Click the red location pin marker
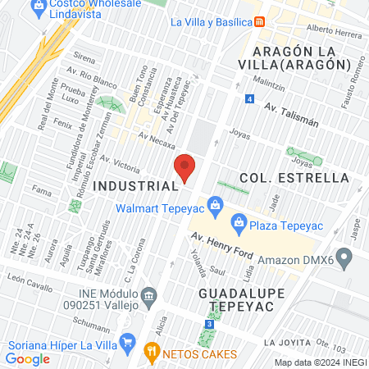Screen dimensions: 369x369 [x=185, y=168]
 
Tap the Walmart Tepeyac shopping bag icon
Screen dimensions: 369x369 [x=214, y=203]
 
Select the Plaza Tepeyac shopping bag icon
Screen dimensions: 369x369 [x=239, y=221]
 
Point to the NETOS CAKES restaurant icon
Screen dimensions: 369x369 [x=151, y=353]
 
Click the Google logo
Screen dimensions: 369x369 [x=28, y=358]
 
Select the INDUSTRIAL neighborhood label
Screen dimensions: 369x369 [x=135, y=186]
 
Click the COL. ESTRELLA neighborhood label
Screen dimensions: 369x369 [x=294, y=178]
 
